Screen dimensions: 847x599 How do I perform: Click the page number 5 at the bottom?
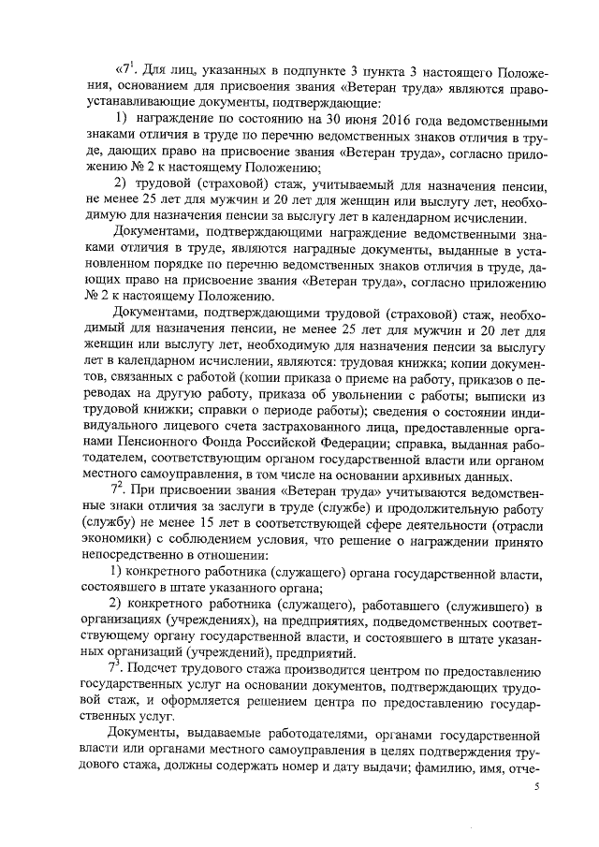[537, 788]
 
